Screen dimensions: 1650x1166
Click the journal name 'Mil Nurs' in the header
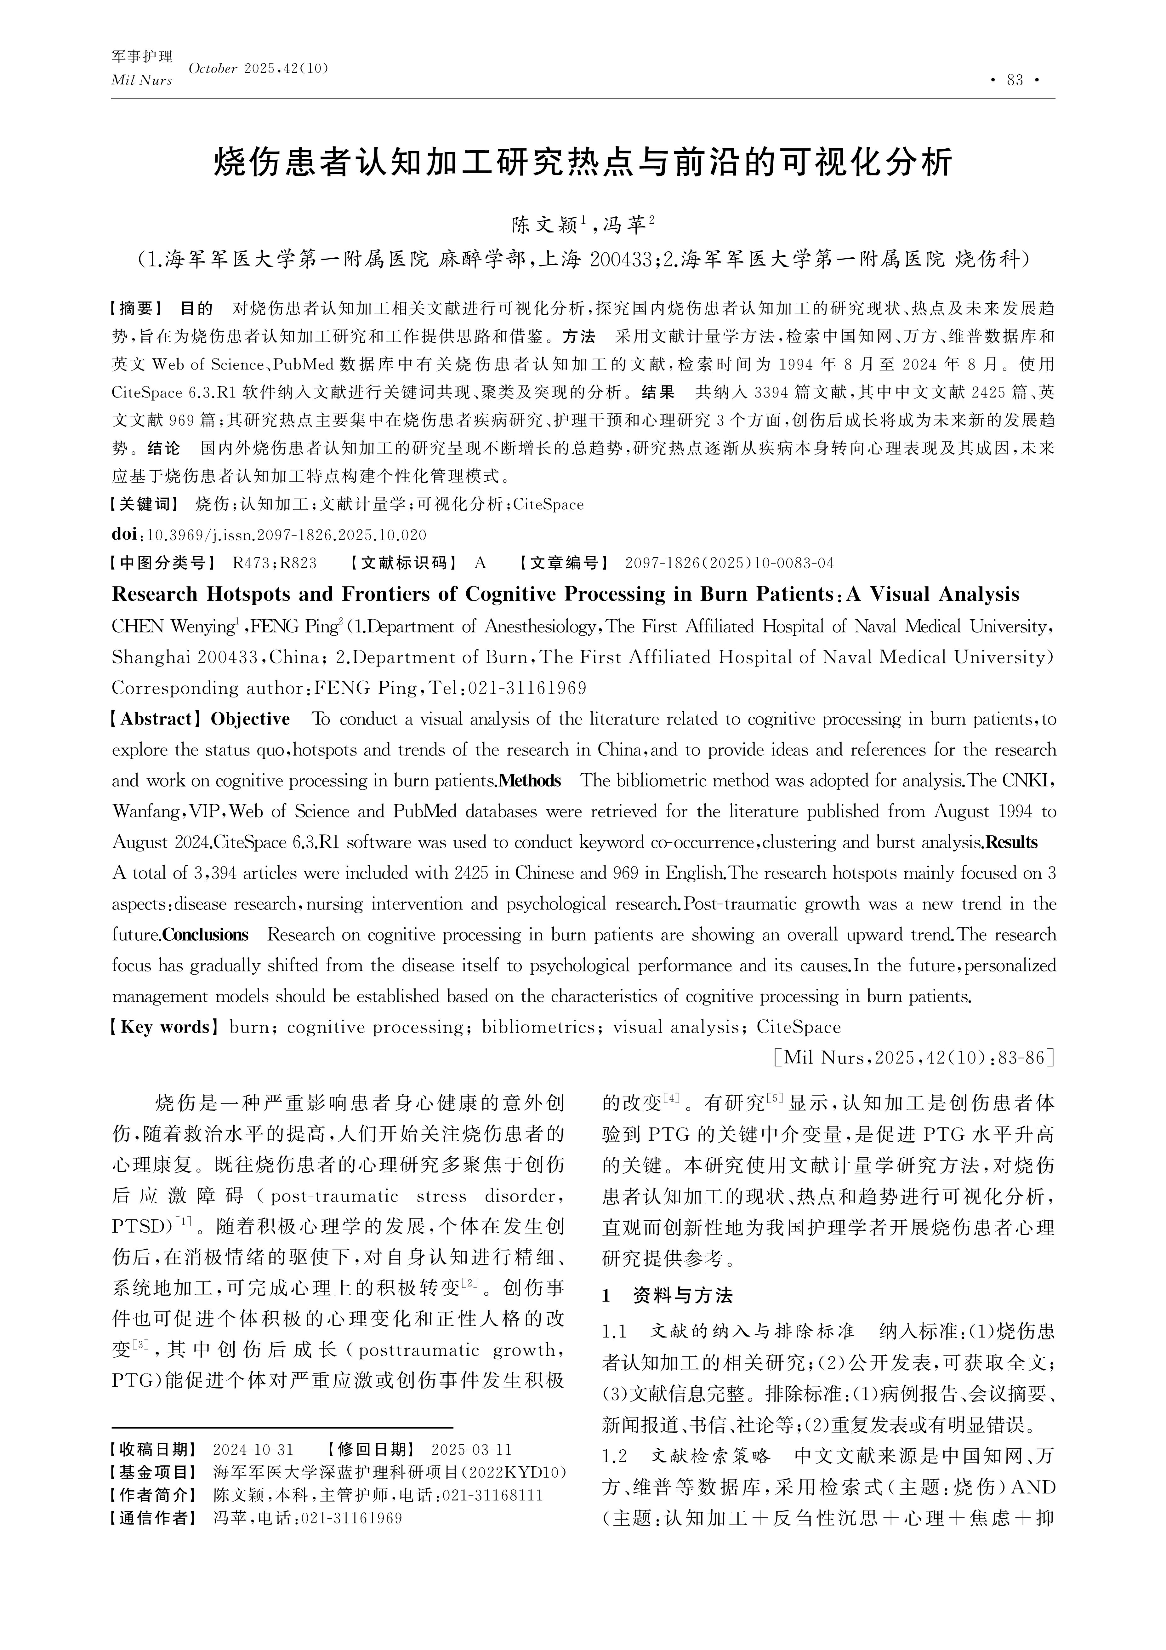coord(141,81)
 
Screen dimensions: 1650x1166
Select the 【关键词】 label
coord(144,505)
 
